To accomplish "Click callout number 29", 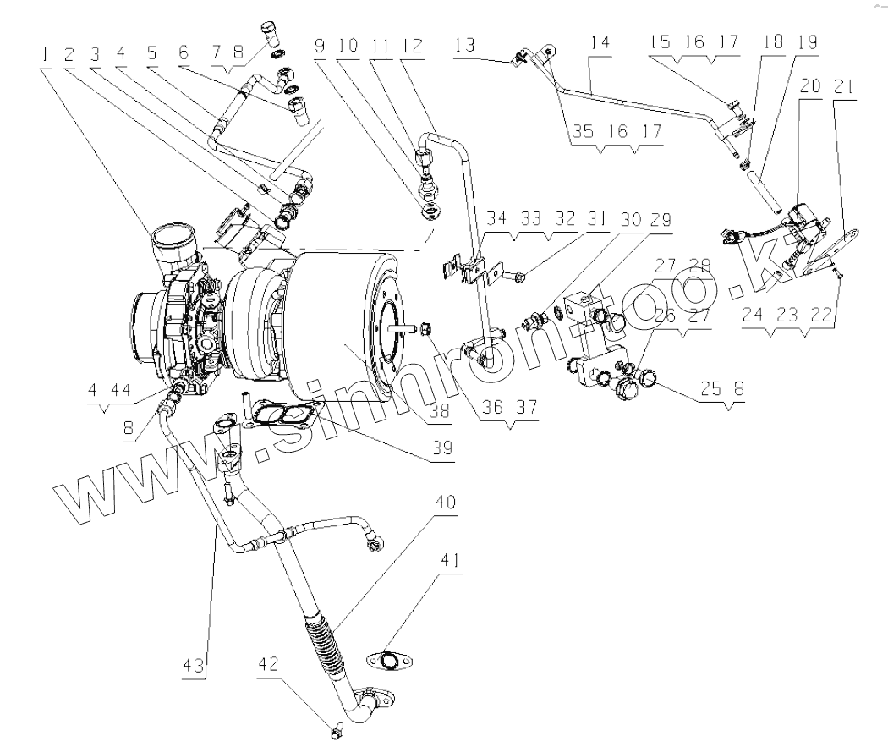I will coord(661,220).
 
